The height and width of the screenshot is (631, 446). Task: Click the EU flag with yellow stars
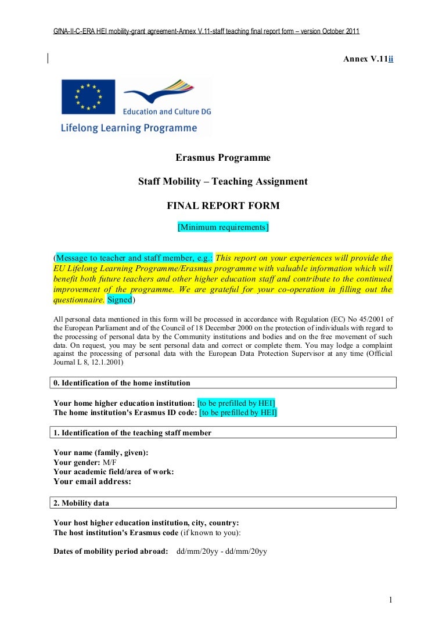(x=88, y=97)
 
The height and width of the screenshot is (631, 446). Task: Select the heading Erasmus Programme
(x=223, y=157)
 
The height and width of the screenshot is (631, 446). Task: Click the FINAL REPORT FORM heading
(x=223, y=205)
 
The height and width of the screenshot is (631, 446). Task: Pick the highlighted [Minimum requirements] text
(x=223, y=227)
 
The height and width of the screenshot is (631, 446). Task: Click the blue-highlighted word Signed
(x=120, y=300)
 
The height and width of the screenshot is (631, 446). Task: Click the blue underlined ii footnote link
(x=391, y=60)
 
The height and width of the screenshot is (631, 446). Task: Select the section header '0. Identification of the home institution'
(x=122, y=383)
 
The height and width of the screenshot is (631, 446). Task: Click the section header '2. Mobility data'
(x=81, y=502)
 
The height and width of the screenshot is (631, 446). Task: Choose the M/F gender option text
(x=110, y=462)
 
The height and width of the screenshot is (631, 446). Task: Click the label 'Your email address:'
(x=92, y=481)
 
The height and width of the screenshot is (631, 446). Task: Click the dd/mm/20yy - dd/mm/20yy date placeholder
(x=221, y=551)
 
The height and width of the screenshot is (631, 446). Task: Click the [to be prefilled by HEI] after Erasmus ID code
(x=238, y=413)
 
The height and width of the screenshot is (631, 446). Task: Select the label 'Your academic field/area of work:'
(x=113, y=472)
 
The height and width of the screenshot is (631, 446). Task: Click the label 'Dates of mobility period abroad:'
(x=110, y=551)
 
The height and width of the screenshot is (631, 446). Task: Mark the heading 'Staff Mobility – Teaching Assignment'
(x=223, y=181)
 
